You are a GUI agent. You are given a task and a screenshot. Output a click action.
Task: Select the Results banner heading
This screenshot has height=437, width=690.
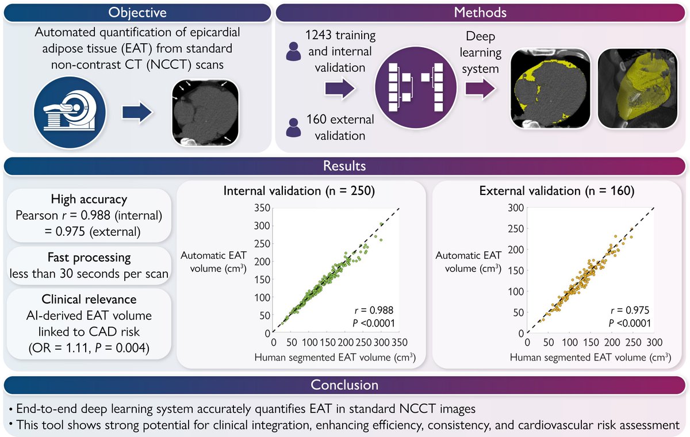point(345,167)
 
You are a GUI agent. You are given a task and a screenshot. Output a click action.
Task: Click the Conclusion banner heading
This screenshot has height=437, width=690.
point(345,384)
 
